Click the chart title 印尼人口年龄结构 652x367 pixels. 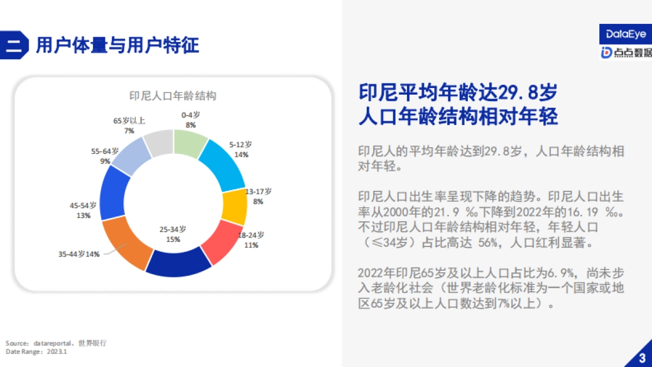point(173,96)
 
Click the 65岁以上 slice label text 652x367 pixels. point(129,121)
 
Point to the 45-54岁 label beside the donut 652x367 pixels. point(83,206)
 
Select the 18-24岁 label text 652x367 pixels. point(250,235)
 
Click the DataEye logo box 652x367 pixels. point(625,34)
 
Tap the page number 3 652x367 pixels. point(642,357)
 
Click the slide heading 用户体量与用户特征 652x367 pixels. point(117,45)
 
